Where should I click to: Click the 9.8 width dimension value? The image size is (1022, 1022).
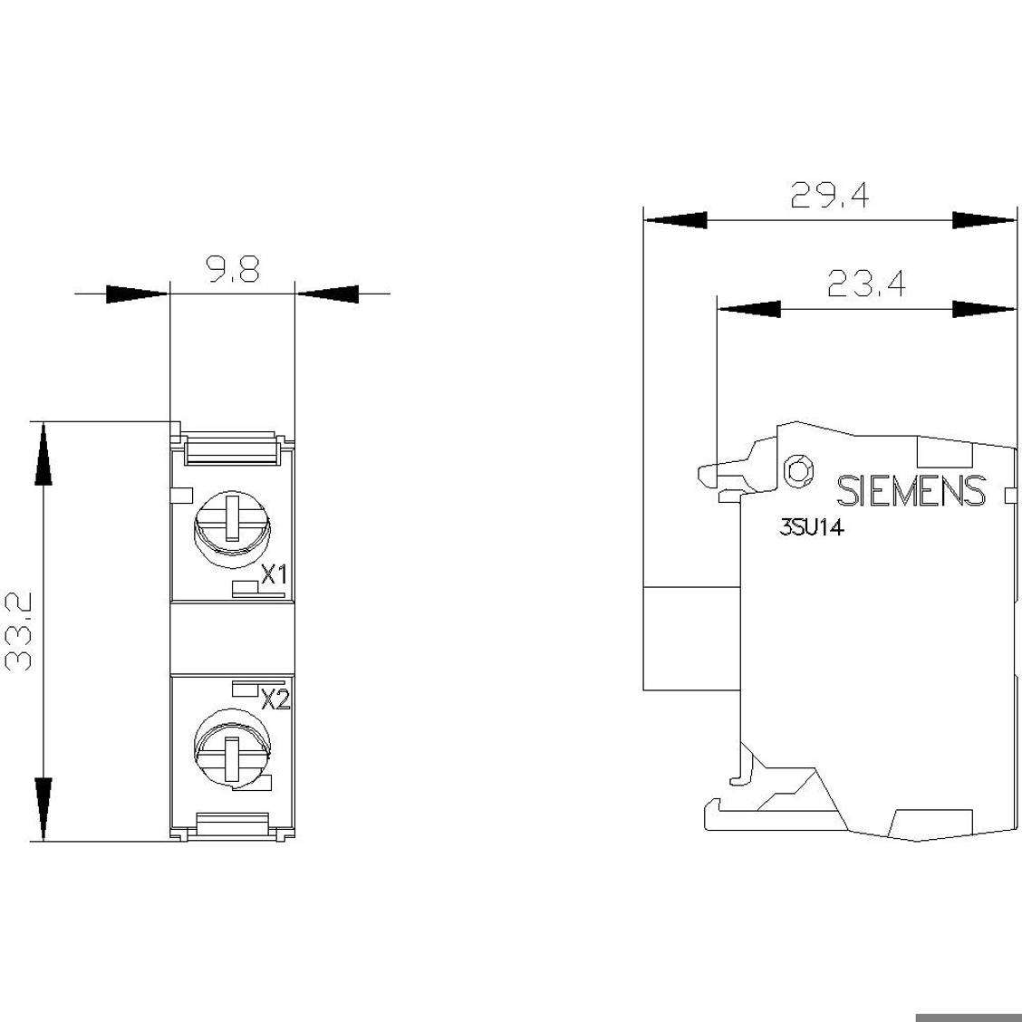click(x=234, y=269)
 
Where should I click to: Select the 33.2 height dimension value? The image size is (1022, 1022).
click(x=19, y=632)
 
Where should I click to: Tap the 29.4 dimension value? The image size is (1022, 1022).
click(x=830, y=195)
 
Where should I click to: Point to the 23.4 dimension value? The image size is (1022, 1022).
click(x=866, y=284)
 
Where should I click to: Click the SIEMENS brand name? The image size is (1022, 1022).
click(x=911, y=491)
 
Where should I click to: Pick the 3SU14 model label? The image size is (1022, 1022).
click(x=812, y=527)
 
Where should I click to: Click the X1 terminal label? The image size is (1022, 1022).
click(x=275, y=574)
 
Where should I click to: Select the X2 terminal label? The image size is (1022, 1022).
click(x=275, y=699)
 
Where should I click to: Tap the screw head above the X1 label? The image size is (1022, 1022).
click(x=233, y=525)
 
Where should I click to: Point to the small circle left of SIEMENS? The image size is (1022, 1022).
click(x=799, y=470)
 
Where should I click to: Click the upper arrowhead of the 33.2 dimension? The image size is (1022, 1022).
click(x=43, y=454)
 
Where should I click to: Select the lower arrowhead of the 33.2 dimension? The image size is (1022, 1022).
click(x=43, y=809)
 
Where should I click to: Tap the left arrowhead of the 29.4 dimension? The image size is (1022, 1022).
click(x=675, y=220)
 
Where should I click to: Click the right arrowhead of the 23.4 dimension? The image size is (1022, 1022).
click(x=984, y=309)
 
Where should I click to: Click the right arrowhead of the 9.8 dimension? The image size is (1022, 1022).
click(x=326, y=294)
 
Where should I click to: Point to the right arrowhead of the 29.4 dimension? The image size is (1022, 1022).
click(x=984, y=220)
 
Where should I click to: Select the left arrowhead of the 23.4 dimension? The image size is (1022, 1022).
click(x=749, y=309)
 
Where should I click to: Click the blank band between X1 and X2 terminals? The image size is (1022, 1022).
click(x=233, y=638)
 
